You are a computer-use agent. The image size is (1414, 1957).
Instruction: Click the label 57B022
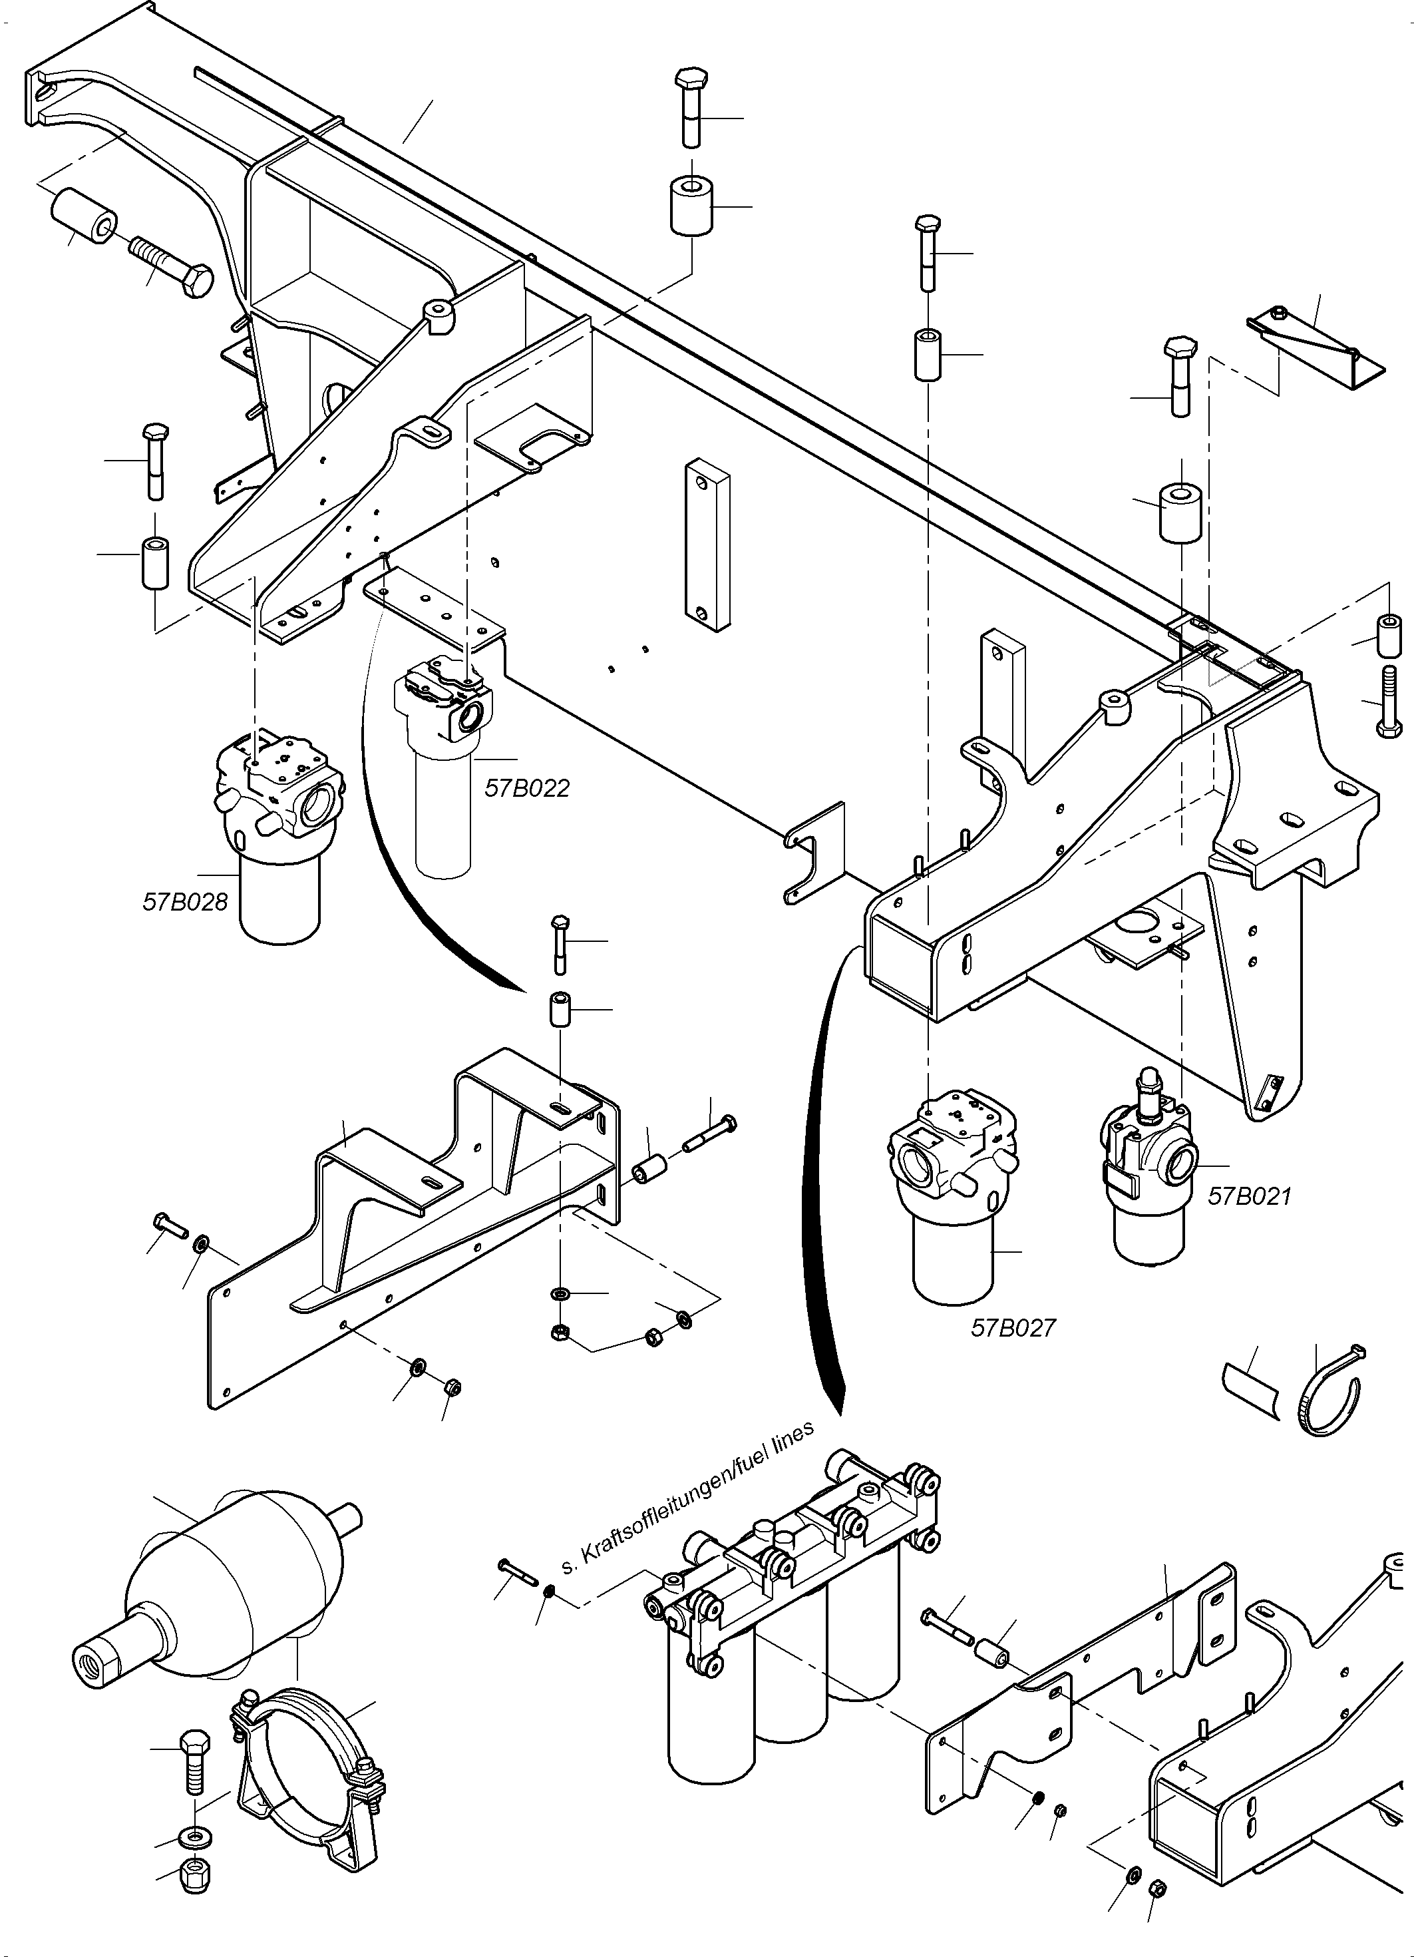coord(526,788)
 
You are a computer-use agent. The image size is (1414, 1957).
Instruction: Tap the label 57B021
coord(1249,1196)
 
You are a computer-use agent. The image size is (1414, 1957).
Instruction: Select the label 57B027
coord(1013,1327)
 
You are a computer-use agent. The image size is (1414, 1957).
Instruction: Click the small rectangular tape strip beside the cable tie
coord(1253,1390)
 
